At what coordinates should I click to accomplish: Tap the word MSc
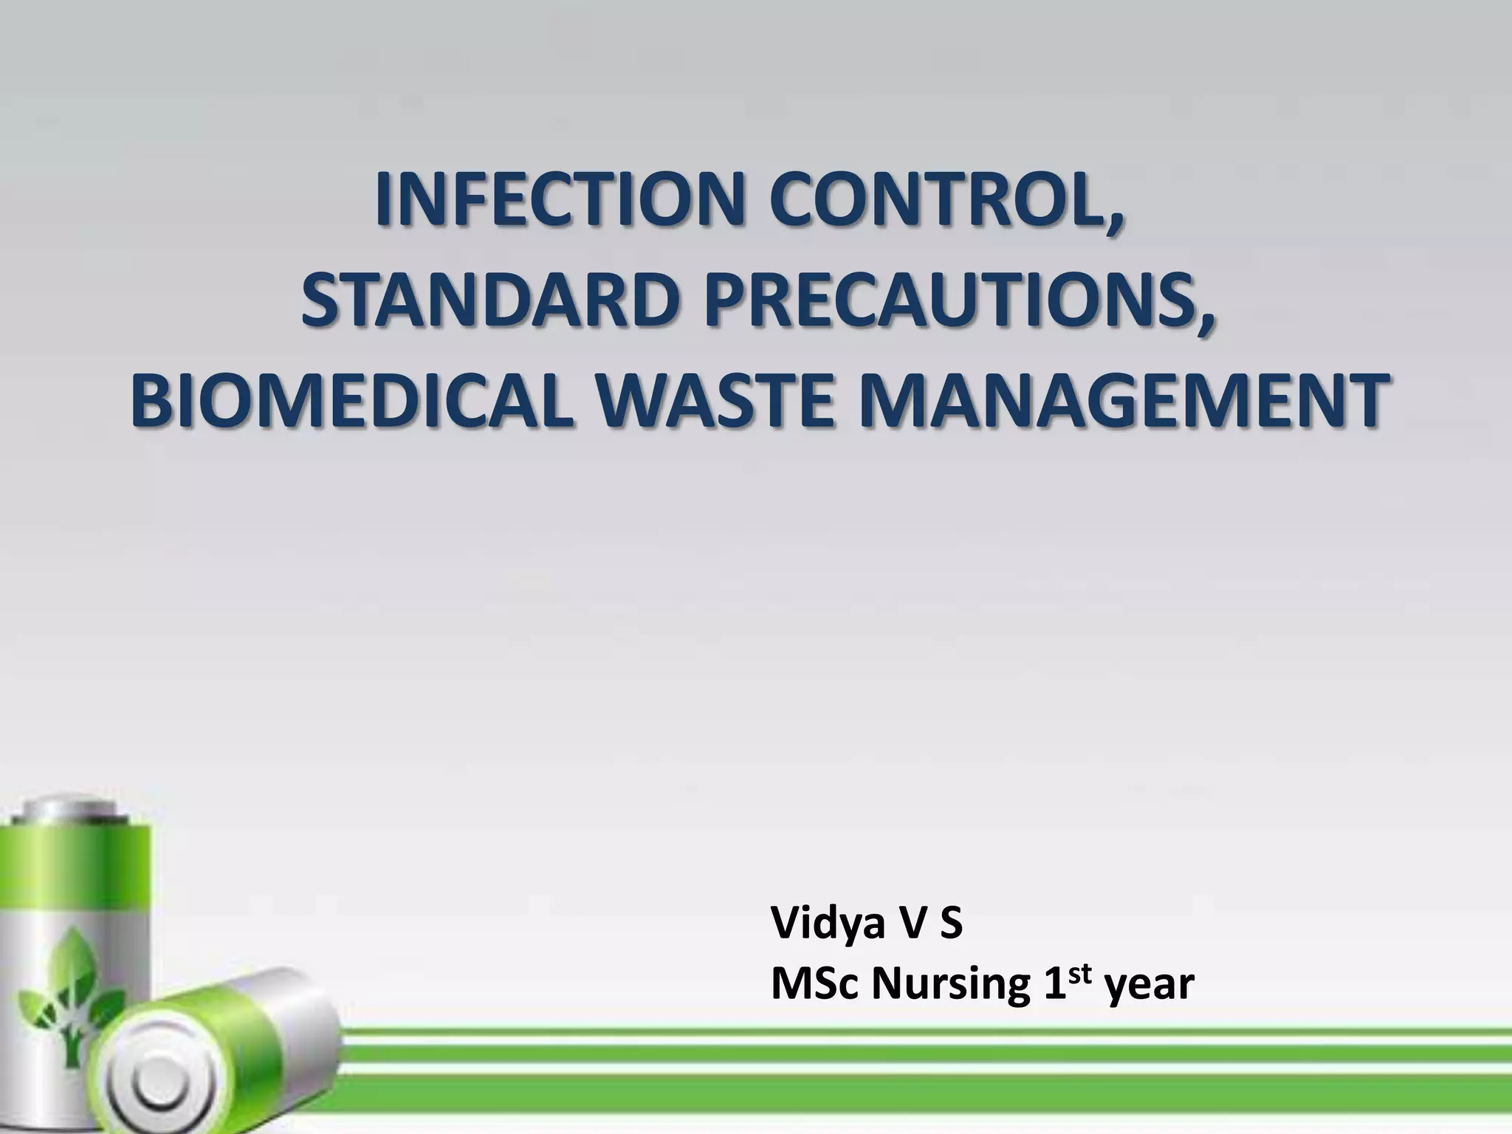[x=815, y=985]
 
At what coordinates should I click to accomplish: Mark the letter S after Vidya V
[x=950, y=924]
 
